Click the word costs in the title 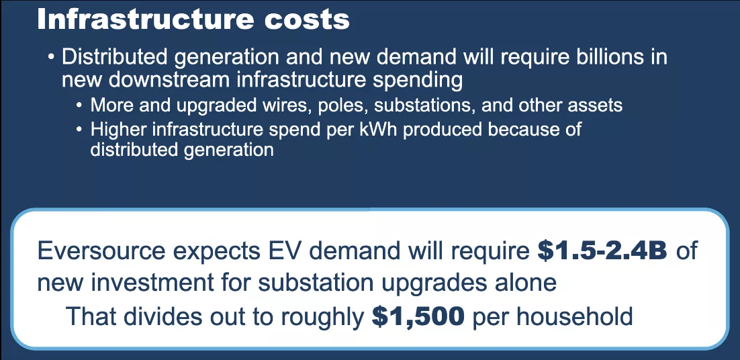[304, 19]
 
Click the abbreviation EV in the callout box [288, 251]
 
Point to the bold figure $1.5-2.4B [602, 251]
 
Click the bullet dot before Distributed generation [51, 58]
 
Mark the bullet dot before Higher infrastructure [80, 130]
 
